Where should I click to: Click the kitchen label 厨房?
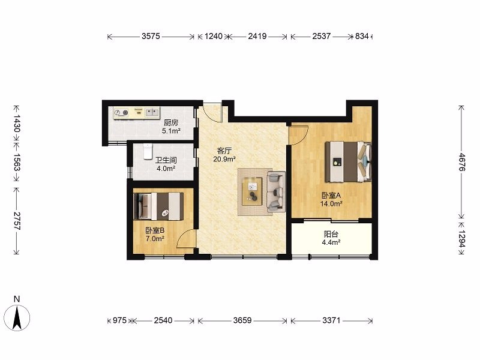pyautogui.click(x=171, y=123)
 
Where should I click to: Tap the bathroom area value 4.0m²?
pyautogui.click(x=166, y=169)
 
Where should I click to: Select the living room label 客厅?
pyautogui.click(x=224, y=151)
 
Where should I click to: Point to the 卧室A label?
pyautogui.click(x=331, y=196)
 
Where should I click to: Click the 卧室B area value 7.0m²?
pyautogui.click(x=155, y=239)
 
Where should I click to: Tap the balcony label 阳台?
pyautogui.click(x=331, y=235)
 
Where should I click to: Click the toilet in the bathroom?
pyautogui.click(x=148, y=151)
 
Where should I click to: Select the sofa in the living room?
pyautogui.click(x=276, y=191)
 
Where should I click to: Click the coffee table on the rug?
pyautogui.click(x=252, y=191)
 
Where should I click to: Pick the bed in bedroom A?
pyautogui.click(x=349, y=161)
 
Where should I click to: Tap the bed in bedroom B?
pyautogui.click(x=158, y=206)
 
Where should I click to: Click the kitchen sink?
pyautogui.click(x=152, y=112)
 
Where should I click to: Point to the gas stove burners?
pyautogui.click(x=121, y=113)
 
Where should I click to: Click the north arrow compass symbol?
pyautogui.click(x=17, y=318)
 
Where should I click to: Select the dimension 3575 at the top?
pyautogui.click(x=151, y=36)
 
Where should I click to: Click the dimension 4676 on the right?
pyautogui.click(x=461, y=162)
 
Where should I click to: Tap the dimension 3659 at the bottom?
pyautogui.click(x=242, y=320)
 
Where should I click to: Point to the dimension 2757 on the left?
pyautogui.click(x=17, y=221)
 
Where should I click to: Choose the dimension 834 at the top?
pyautogui.click(x=362, y=36)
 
